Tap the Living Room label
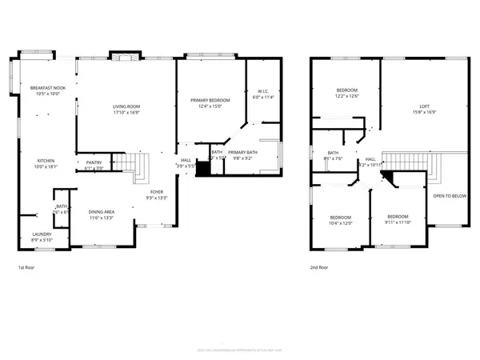click(x=126, y=106)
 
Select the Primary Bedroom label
click(x=210, y=100)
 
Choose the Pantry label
click(x=94, y=162)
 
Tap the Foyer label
click(x=156, y=193)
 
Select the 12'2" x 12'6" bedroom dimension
click(x=346, y=96)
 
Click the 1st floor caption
click(x=26, y=268)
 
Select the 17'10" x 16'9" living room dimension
click(x=126, y=112)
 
